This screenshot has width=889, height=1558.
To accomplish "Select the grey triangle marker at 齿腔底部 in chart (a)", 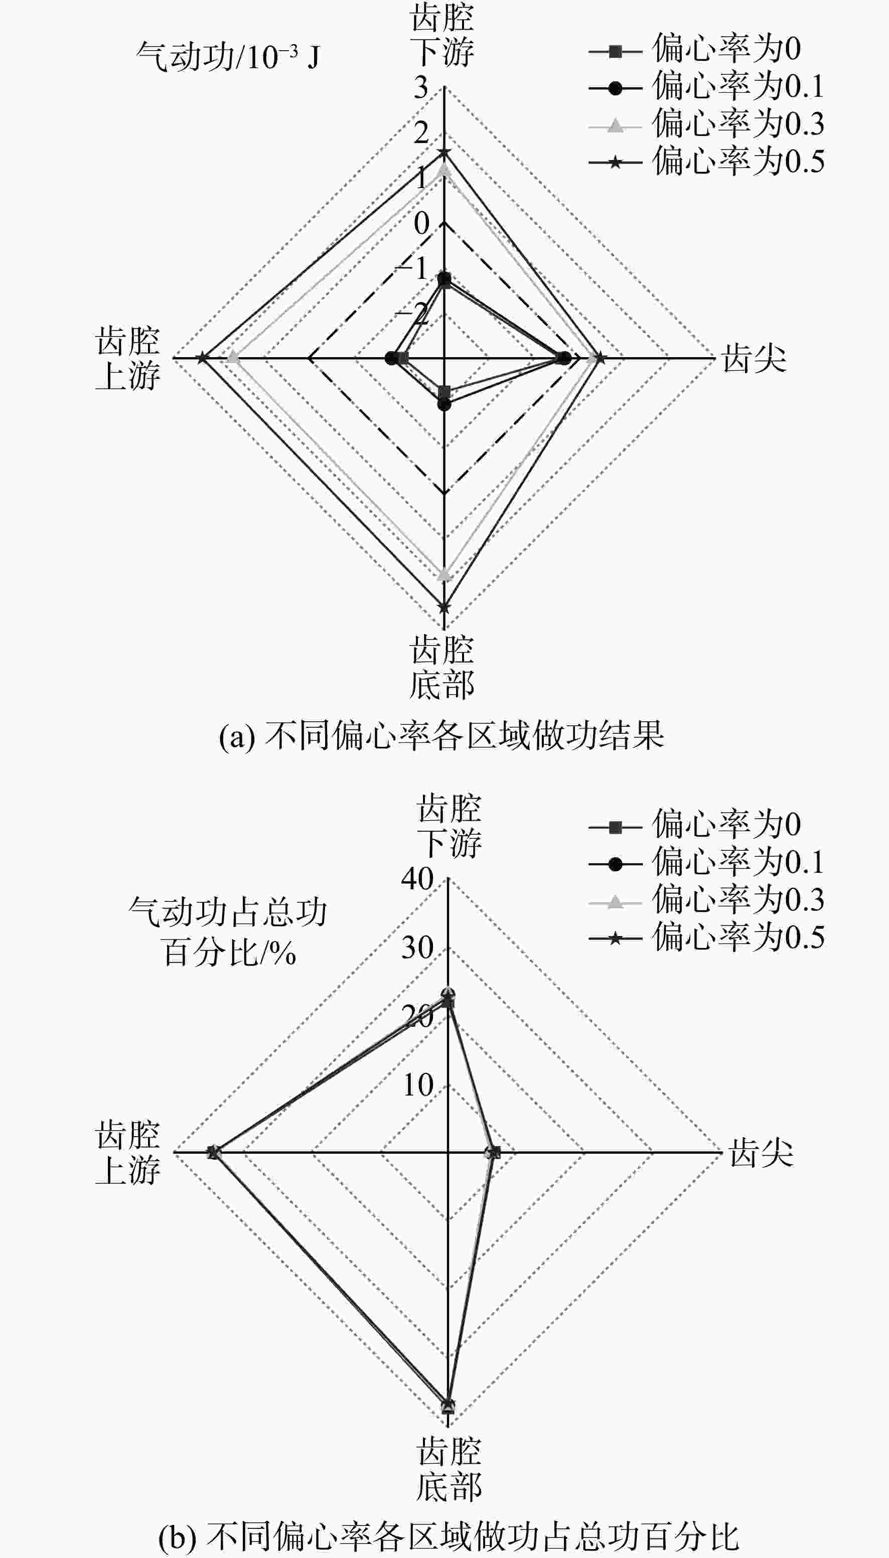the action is coord(444,574).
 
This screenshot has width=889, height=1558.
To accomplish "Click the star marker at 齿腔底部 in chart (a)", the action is coord(444,607).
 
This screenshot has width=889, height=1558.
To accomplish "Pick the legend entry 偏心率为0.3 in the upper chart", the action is coord(706,124).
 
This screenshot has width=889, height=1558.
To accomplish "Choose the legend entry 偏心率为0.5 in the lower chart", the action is coord(706,937).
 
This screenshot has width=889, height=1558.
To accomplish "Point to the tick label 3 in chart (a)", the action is coord(421,88).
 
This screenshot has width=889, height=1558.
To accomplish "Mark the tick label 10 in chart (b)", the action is coord(417,1085).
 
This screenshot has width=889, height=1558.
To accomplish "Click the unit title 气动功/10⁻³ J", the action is coord(228,57).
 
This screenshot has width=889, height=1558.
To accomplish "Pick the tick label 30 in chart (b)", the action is coord(417,948).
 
